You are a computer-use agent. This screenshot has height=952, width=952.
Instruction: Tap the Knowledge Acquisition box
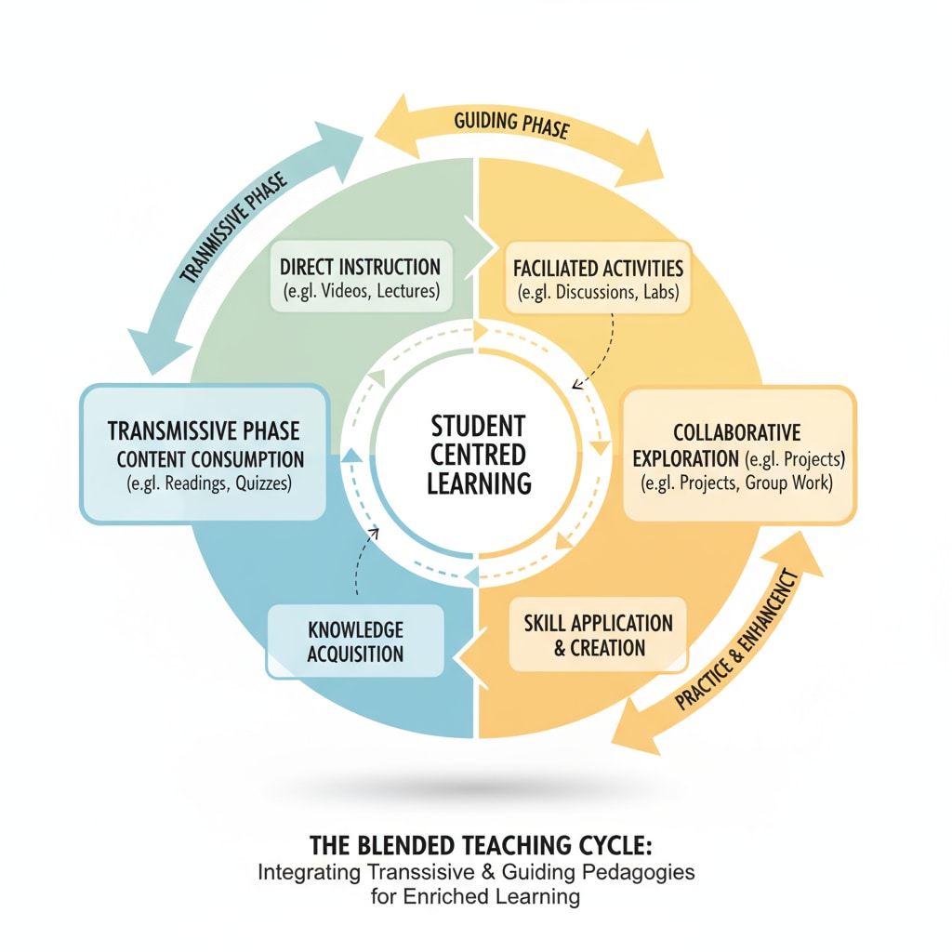(355, 641)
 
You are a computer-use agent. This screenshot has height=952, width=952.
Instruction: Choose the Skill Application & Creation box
(598, 635)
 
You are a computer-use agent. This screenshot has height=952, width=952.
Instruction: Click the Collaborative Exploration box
(737, 456)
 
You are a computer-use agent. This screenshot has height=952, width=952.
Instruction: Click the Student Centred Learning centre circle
(478, 455)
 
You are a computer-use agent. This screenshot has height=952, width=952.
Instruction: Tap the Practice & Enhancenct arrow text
(739, 641)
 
